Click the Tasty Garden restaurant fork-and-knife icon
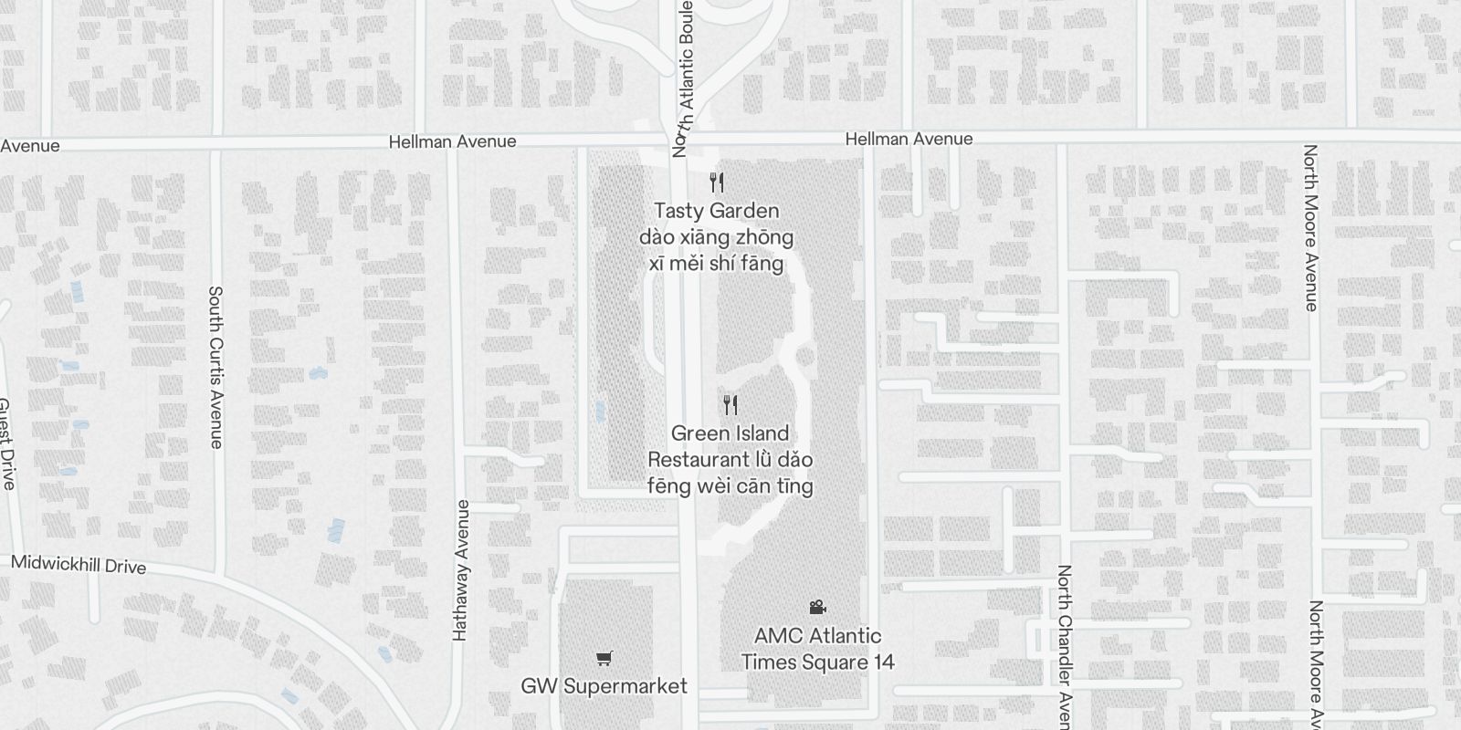tap(717, 183)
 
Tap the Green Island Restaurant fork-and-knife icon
tap(730, 405)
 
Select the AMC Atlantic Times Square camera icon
tap(817, 607)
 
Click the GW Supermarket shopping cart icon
tap(604, 658)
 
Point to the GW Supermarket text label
tap(604, 686)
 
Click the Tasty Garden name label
tap(716, 211)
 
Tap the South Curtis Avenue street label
tap(215, 367)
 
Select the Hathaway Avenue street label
tap(461, 569)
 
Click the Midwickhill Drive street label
tap(79, 565)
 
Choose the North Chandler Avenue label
tap(1064, 646)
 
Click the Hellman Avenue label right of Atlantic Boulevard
tap(909, 139)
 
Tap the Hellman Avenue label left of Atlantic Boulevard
tap(452, 141)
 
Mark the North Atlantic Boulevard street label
tap(684, 78)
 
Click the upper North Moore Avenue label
tap(1311, 227)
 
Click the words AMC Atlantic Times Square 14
tap(817, 649)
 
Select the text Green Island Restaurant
tap(730, 446)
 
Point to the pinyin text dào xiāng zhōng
tap(716, 237)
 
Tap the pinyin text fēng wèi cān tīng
tap(730, 485)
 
